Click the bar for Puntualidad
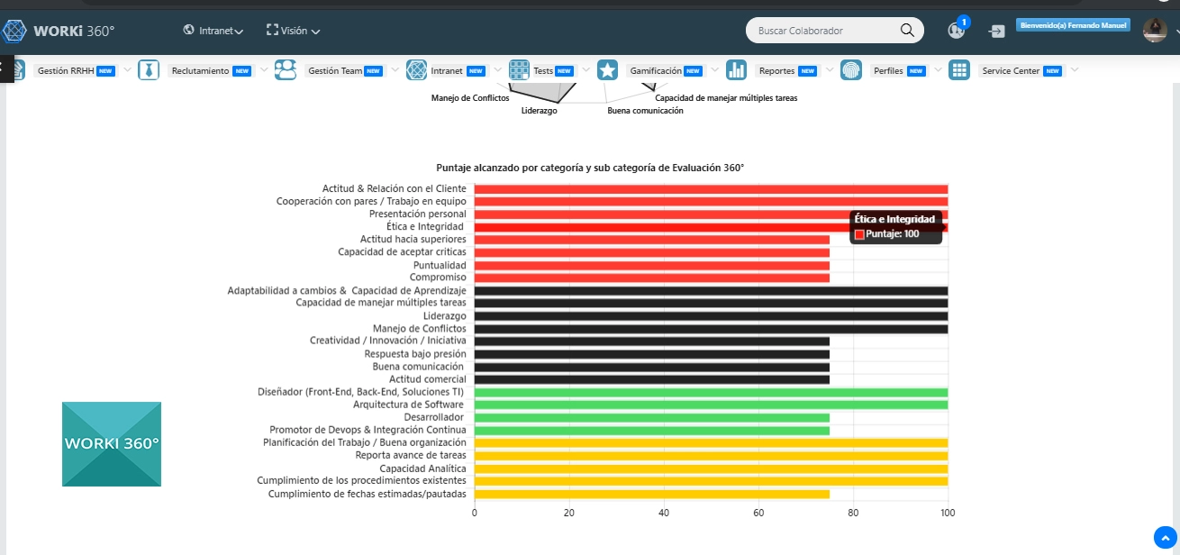[x=651, y=265]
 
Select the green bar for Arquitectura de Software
[x=711, y=405]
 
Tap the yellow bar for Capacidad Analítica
[x=711, y=469]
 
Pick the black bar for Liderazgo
[x=711, y=316]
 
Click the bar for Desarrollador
[x=651, y=417]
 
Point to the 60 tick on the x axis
[x=758, y=513]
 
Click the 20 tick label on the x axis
[x=569, y=513]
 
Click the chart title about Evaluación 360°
[x=590, y=168]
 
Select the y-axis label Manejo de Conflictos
[x=420, y=329]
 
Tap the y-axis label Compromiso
[x=438, y=277]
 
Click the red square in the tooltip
[x=859, y=234]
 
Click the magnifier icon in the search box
[x=907, y=31]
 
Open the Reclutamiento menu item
[x=200, y=70]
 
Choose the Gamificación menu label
[x=656, y=70]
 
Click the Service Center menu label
[x=1011, y=70]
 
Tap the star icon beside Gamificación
[x=607, y=70]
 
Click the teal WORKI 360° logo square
[x=112, y=444]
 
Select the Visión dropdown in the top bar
[x=294, y=31]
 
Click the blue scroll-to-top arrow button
[x=1166, y=538]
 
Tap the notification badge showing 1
[x=964, y=22]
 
